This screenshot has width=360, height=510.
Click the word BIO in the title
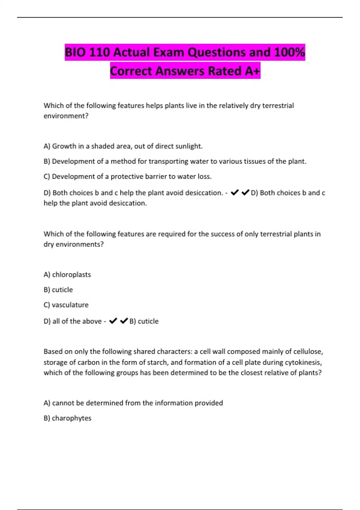(x=76, y=52)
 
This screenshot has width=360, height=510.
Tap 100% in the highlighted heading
(x=289, y=52)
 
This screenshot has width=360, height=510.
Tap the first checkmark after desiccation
(x=235, y=193)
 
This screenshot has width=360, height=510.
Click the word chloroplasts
(x=71, y=274)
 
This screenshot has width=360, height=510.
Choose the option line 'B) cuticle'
(x=58, y=290)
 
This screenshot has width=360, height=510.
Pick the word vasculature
(x=70, y=305)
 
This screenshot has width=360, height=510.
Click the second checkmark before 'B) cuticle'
(x=124, y=321)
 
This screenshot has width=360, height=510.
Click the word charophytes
(x=71, y=418)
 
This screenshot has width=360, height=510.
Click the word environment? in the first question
(x=66, y=116)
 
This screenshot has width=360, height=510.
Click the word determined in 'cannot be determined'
(x=104, y=403)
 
